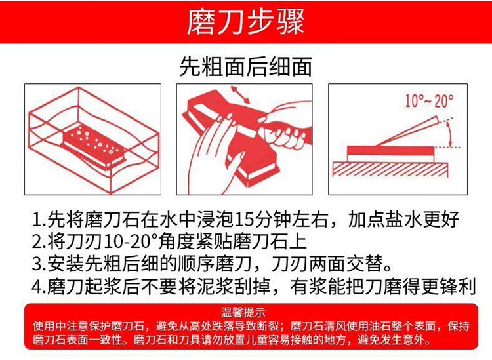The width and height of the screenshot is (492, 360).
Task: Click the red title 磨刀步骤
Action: coord(245,22)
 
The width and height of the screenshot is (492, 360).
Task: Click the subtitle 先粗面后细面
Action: coord(245,66)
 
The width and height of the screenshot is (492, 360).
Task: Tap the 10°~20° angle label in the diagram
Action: coord(429,101)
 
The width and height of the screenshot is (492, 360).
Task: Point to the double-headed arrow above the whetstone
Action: coord(240,94)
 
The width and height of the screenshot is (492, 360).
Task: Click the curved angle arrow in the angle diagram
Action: coord(449,133)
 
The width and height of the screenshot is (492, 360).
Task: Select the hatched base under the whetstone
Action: coord(390,170)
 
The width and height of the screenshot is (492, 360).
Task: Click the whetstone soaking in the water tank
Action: coord(94,145)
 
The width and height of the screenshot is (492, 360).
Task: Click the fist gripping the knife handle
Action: coord(284,130)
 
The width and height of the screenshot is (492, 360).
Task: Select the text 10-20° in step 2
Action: coord(131,241)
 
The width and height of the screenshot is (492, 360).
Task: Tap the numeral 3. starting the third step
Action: coord(39,264)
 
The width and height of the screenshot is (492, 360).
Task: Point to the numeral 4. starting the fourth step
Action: coord(39,286)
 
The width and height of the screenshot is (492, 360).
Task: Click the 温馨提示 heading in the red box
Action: coord(243,312)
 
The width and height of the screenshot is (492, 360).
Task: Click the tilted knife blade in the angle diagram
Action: coord(408,131)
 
